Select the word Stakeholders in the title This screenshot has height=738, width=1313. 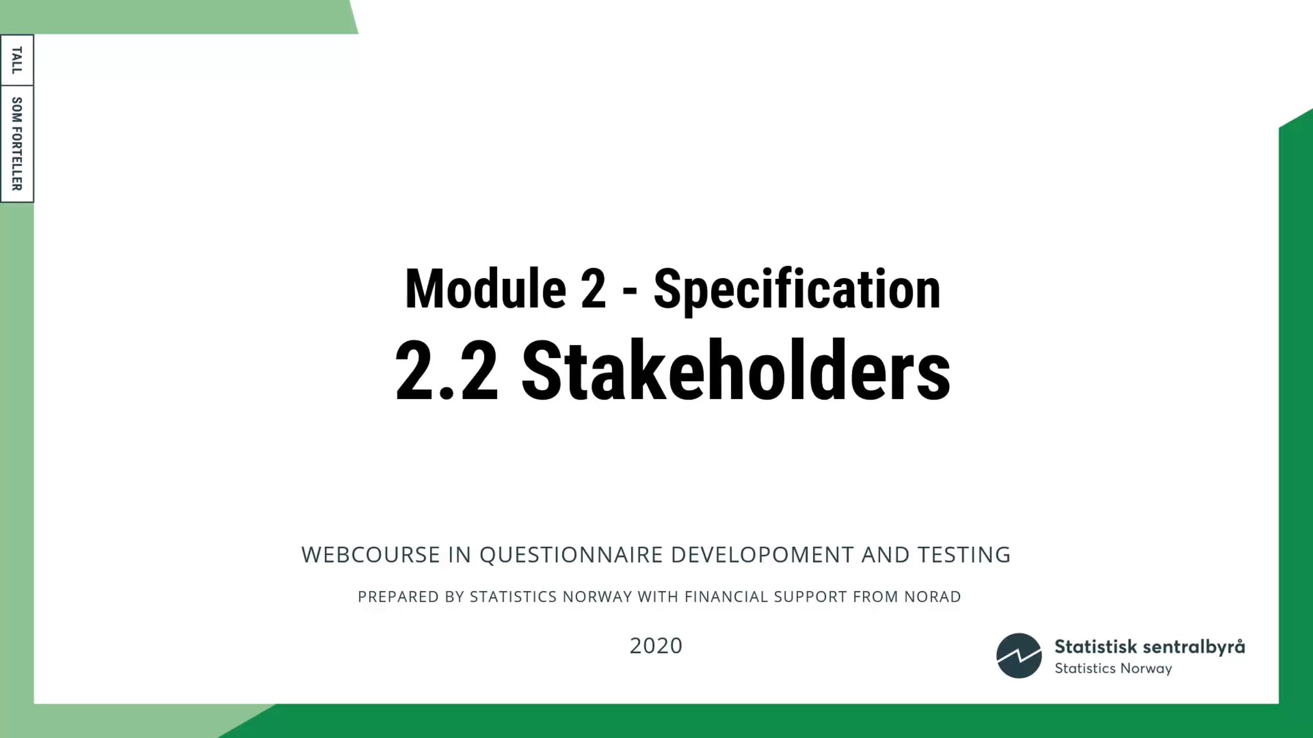click(x=736, y=370)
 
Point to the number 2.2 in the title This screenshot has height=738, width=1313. click(x=446, y=371)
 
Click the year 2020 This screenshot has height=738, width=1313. click(x=656, y=646)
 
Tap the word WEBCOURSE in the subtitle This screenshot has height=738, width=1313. click(x=370, y=555)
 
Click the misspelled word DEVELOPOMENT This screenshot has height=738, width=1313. click(x=762, y=555)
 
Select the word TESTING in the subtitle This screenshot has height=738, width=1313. click(x=964, y=555)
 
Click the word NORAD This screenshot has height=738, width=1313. click(x=932, y=596)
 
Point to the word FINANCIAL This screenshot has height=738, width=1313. click(x=726, y=596)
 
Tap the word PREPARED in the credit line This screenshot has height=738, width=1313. click(x=391, y=596)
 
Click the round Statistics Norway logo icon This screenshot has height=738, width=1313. click(x=1019, y=655)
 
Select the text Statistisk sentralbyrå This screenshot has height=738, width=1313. click(x=1149, y=647)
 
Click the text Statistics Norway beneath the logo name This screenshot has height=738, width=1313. click(x=1113, y=669)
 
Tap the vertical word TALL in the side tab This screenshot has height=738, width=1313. click(x=17, y=60)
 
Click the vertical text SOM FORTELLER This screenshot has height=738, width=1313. click(x=17, y=144)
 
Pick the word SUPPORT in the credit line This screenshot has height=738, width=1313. click(x=810, y=596)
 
